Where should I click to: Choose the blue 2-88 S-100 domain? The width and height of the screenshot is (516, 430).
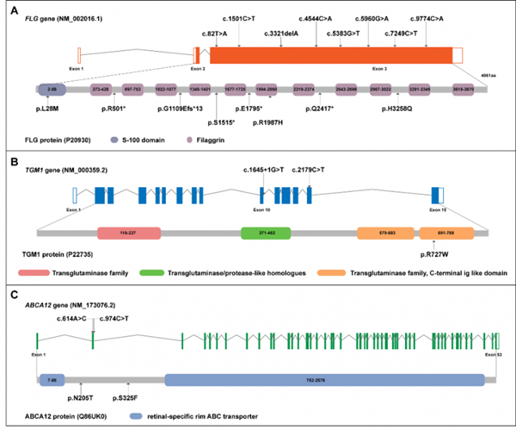tap(52, 89)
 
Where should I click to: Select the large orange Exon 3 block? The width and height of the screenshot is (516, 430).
tap(330, 53)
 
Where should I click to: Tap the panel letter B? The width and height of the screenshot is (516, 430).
tap(10, 160)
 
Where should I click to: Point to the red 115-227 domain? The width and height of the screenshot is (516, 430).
tap(130, 233)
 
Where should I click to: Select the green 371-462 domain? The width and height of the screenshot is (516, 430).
tap(266, 233)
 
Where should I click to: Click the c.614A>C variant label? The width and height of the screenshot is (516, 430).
tap(75, 319)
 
